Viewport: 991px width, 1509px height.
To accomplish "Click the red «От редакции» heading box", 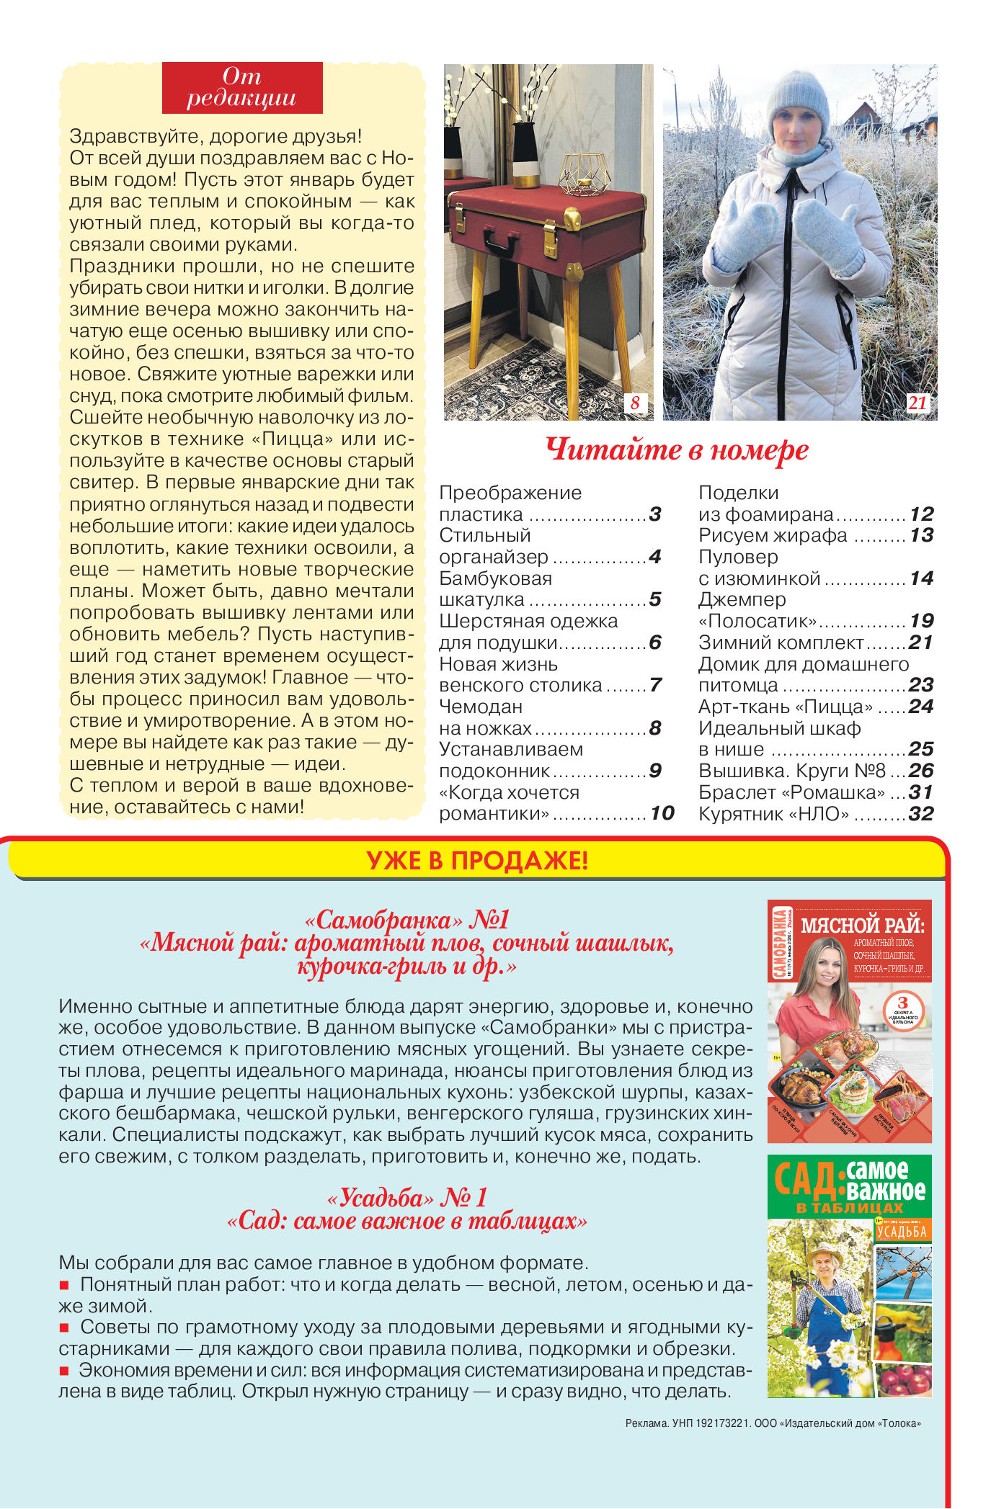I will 242,88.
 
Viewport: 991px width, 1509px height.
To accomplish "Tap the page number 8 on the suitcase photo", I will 635,403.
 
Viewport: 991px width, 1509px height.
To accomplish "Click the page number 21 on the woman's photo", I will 917,403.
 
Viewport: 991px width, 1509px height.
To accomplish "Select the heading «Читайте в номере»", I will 677,450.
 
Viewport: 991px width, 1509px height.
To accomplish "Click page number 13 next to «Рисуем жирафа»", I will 921,535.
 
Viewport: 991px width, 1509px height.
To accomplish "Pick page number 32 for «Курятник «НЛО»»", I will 921,814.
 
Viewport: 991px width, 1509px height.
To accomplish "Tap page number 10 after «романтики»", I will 662,813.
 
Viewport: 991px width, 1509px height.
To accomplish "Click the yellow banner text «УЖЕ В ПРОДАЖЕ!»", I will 477,861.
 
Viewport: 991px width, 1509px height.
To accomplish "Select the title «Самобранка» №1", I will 407,920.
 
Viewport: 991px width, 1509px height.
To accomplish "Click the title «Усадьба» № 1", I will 407,1198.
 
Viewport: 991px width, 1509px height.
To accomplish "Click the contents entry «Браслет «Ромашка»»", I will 791,792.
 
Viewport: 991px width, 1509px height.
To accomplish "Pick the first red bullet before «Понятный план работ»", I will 64,1285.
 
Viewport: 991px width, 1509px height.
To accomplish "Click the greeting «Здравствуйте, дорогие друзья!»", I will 215,136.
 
